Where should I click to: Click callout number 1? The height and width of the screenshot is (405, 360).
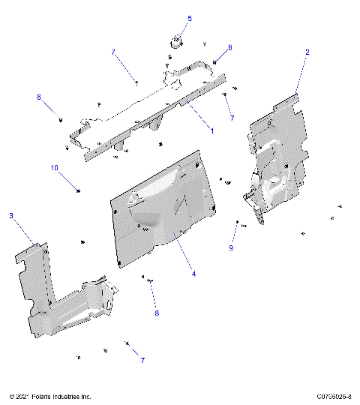[x=212, y=130]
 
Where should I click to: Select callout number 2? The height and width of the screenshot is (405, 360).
[x=307, y=52]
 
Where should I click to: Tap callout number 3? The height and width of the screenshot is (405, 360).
[x=10, y=216]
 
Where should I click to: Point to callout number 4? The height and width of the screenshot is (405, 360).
[x=193, y=274]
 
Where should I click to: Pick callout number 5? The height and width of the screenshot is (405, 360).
[x=189, y=18]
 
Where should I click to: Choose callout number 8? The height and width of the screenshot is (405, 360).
[x=157, y=313]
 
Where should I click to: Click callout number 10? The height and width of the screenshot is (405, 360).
[x=54, y=168]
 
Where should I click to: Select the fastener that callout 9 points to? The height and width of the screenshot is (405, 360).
[x=238, y=223]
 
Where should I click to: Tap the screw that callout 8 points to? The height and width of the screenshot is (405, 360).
[x=150, y=280]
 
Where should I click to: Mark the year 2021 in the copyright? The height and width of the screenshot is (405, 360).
[x=22, y=396]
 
